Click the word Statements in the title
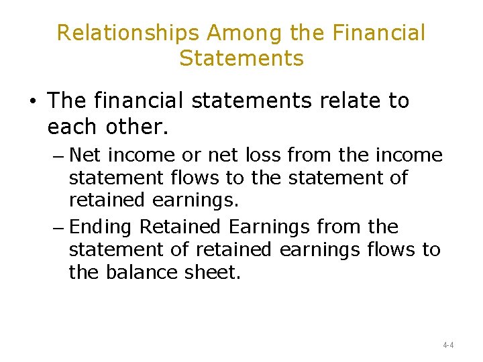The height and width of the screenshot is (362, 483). point(241,58)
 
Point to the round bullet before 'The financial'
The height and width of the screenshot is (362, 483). point(32,102)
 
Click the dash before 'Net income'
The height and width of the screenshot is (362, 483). point(58,156)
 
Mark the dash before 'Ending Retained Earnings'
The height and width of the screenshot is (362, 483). point(58,228)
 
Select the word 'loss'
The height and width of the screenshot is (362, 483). point(264,156)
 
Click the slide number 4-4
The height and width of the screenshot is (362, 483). point(448,345)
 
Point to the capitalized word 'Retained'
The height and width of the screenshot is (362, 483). point(170,227)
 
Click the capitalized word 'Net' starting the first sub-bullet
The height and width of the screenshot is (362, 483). point(85,156)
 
